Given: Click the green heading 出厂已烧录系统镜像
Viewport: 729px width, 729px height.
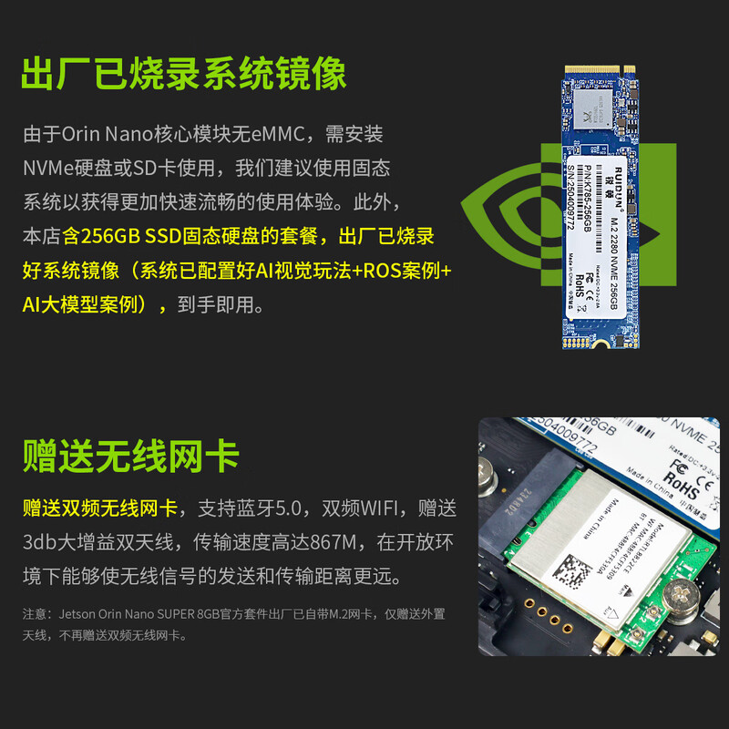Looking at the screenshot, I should coord(183,74).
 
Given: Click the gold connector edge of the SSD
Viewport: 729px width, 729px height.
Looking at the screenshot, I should coord(596,68).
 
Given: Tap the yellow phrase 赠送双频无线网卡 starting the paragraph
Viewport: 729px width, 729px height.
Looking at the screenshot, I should coord(100,508).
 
